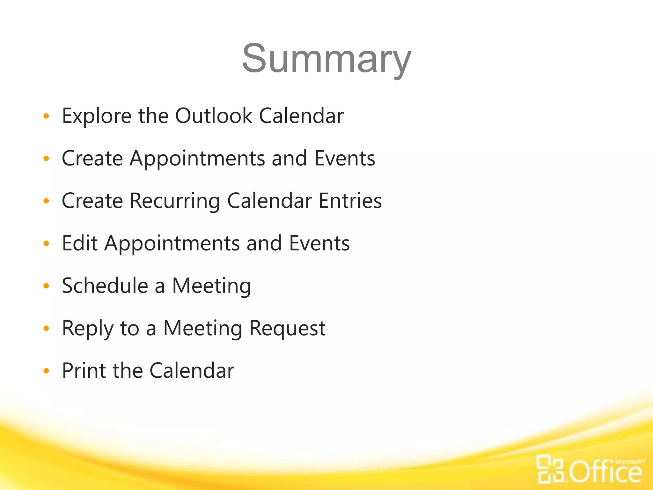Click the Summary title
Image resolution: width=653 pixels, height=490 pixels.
326,59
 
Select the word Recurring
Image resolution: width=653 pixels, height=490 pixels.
175,201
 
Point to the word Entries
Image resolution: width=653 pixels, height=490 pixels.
350,201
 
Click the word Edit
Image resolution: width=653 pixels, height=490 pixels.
79,243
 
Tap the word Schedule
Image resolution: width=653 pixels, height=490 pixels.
105,286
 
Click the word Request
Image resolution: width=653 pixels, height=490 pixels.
287,329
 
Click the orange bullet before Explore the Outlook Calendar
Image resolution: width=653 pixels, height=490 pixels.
46,116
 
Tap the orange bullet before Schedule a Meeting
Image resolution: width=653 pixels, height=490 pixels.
46,286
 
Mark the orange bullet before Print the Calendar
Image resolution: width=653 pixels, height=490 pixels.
46,371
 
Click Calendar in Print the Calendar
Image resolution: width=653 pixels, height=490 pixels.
192,371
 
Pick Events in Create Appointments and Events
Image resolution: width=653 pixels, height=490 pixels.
345,158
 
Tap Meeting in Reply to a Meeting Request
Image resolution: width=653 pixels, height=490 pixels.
203,329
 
